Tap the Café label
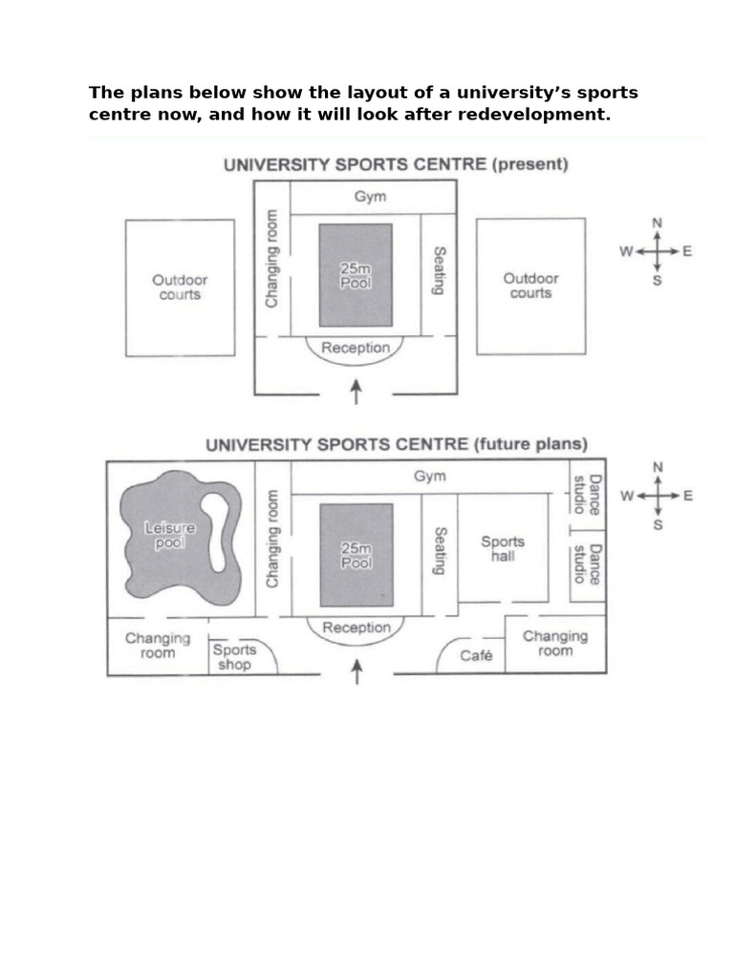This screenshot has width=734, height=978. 476,656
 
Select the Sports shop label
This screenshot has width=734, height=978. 234,657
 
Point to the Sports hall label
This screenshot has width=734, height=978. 502,548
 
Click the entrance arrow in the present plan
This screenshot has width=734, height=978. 356,391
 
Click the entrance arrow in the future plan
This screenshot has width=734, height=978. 356,671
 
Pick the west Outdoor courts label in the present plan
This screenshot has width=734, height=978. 180,287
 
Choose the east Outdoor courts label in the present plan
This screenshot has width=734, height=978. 530,286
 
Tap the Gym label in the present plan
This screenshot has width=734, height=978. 370,197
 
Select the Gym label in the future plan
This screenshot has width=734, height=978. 429,476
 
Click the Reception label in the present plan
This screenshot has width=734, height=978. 356,348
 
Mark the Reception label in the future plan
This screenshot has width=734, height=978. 356,627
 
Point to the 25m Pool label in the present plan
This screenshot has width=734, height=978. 356,276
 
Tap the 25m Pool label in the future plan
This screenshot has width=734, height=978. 356,556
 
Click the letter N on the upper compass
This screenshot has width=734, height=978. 657,223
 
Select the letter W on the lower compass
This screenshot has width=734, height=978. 627,496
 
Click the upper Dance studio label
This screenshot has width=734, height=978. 587,495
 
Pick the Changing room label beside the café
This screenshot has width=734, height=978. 555,643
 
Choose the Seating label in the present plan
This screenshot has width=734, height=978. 439,271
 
